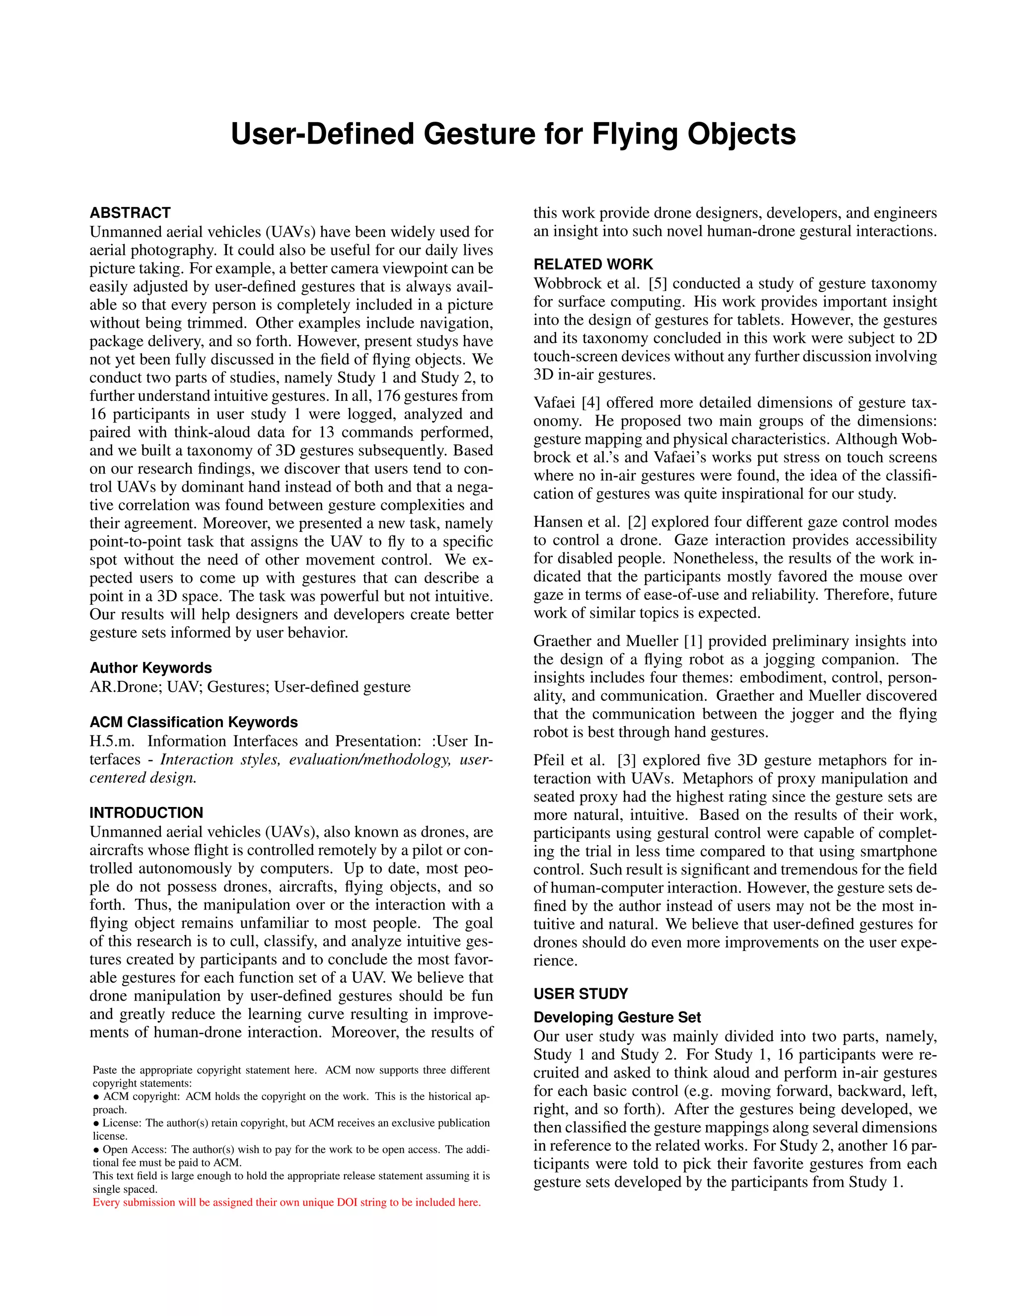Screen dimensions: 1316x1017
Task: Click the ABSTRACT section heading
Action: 130,213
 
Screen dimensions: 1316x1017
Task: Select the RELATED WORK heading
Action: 593,265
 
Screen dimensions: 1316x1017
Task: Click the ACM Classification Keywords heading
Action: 193,722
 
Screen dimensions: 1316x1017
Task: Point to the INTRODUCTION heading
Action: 146,813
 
